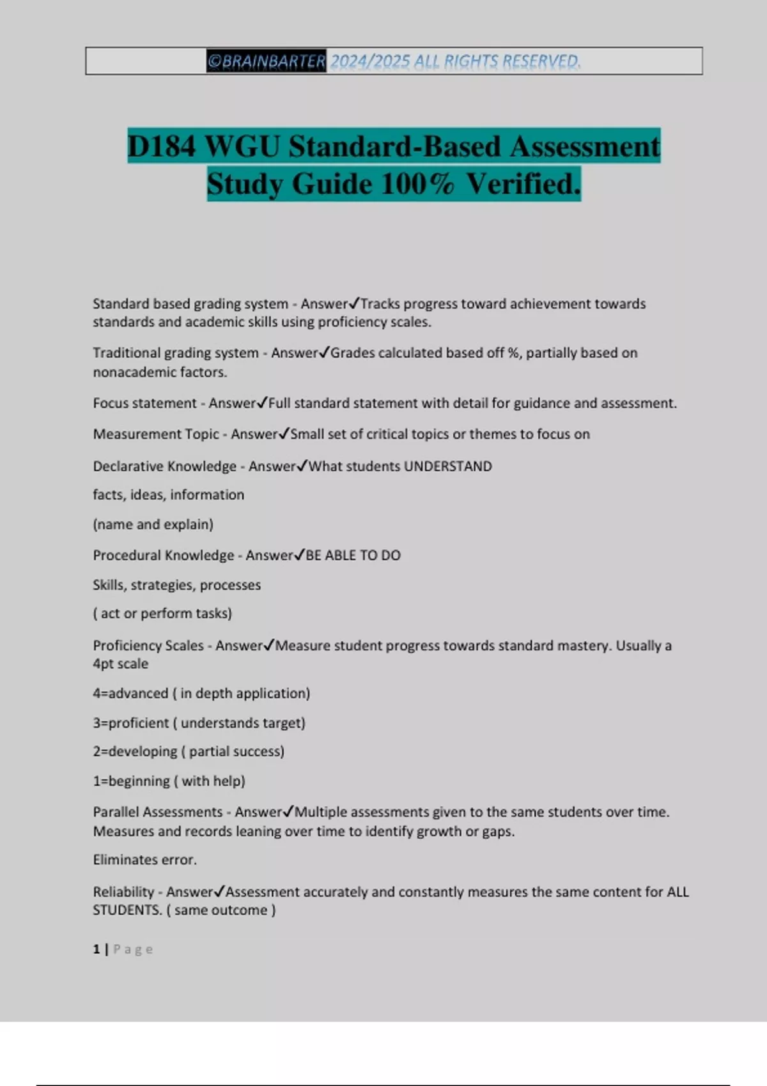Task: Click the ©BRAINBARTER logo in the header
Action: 266,61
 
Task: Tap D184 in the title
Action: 161,146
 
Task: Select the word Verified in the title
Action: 523,184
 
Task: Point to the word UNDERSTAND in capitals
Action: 447,466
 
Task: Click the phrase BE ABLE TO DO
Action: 353,555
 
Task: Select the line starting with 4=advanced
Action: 201,693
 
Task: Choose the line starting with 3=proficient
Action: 199,723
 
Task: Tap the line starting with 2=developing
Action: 189,751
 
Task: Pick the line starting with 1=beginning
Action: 169,781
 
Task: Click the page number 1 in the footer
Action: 97,949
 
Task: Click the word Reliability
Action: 123,892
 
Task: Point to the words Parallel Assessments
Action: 158,812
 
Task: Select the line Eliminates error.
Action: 144,860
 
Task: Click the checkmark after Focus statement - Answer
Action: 262,402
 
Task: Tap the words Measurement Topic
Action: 156,434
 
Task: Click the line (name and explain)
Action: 153,524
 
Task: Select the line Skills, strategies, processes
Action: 176,585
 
